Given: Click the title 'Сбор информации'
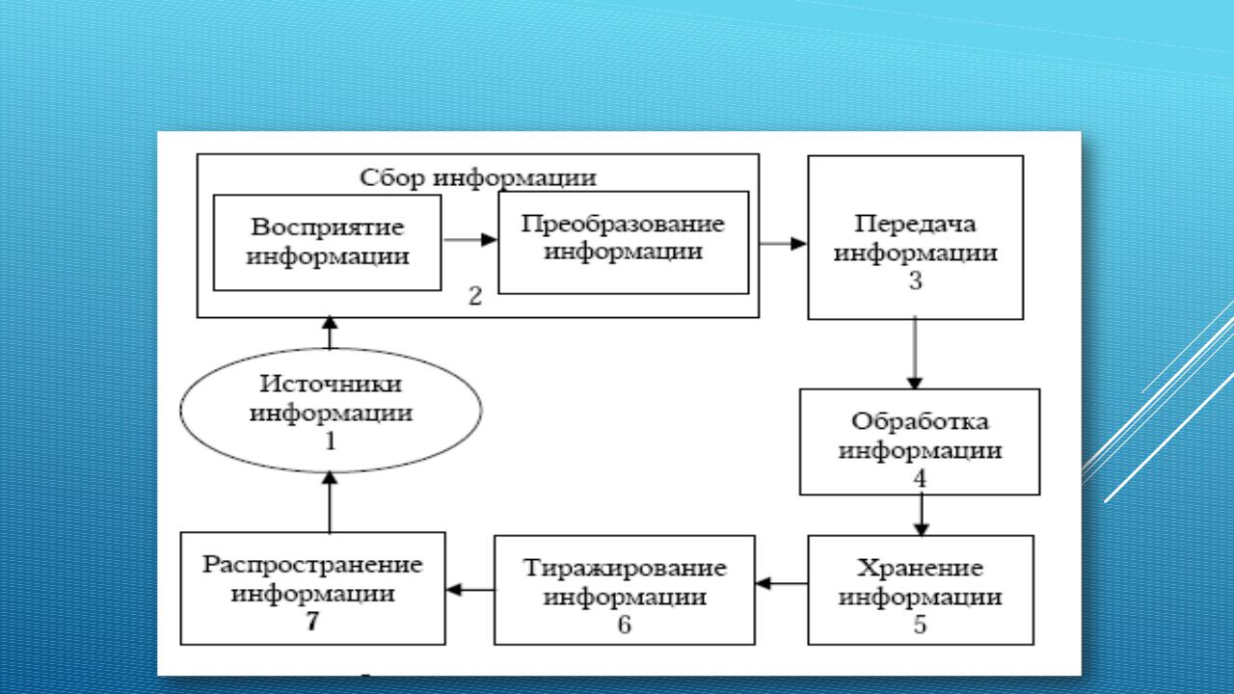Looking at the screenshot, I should (x=477, y=178).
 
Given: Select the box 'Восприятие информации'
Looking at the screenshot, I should (x=327, y=243).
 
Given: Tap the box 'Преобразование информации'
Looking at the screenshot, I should (x=623, y=241).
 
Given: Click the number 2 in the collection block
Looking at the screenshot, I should (x=474, y=296).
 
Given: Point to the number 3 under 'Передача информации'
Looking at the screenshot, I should (x=915, y=282).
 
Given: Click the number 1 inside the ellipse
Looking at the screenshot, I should (x=331, y=442).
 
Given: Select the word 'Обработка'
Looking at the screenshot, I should (x=921, y=422).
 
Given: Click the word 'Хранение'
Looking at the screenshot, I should (x=920, y=564).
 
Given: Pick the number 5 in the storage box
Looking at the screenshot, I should (x=920, y=625).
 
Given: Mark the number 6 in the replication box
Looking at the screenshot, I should (x=624, y=625).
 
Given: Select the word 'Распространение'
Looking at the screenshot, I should (x=312, y=562).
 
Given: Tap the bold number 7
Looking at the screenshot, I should (x=311, y=622).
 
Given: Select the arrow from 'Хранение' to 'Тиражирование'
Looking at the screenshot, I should (x=782, y=583).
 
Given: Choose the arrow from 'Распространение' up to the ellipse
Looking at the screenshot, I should (x=330, y=501).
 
